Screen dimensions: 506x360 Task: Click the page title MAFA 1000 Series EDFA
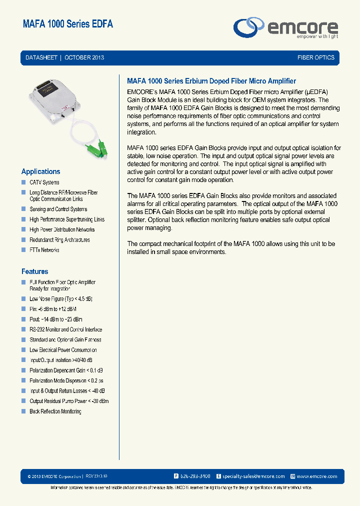tap(68, 24)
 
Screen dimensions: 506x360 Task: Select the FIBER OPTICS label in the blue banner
tap(315, 57)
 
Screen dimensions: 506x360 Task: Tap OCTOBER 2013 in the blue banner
tap(84, 57)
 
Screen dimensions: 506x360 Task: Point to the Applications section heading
tap(40, 171)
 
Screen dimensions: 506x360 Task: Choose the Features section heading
tap(35, 271)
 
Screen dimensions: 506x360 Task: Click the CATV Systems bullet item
tap(44, 182)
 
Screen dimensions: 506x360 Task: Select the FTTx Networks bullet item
tap(44, 250)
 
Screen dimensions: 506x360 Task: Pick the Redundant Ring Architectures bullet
tap(59, 240)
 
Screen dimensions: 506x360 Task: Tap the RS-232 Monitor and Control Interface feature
tap(65, 329)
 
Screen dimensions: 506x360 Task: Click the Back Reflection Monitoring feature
tap(55, 411)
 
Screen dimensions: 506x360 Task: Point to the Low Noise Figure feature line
tap(61, 298)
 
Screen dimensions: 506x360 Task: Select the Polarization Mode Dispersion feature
tap(66, 380)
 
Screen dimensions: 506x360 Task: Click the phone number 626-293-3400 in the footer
tap(195, 476)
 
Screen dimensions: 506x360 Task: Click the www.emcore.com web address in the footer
tap(317, 476)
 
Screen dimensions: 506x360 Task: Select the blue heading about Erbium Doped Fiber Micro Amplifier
tap(211, 81)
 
